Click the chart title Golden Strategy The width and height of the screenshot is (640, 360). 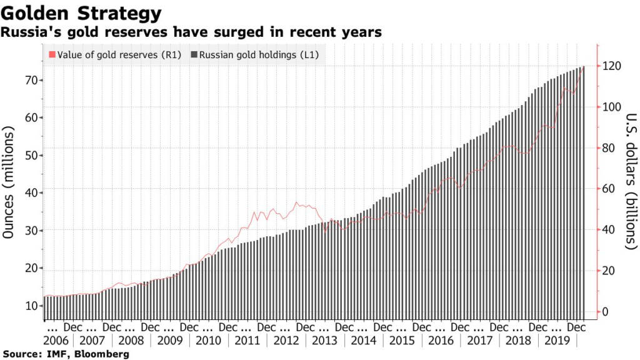click(x=82, y=13)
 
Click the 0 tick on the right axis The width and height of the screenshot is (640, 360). click(x=606, y=311)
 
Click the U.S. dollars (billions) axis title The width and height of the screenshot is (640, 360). click(x=630, y=181)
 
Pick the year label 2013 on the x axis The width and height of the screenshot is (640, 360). click(x=325, y=341)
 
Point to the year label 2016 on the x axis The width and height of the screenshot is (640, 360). click(x=441, y=341)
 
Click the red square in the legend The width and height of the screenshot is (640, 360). click(x=52, y=55)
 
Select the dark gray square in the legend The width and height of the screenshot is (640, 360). click(x=194, y=55)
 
